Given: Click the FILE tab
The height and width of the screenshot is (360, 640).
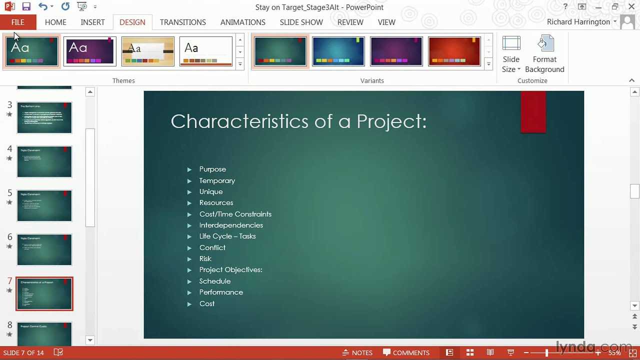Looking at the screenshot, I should pos(18,22).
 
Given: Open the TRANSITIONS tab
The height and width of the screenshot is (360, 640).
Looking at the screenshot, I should pos(182,22).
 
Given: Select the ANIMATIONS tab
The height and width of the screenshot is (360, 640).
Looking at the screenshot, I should pos(242,22).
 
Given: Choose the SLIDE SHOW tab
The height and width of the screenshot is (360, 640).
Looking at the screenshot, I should pos(301,22).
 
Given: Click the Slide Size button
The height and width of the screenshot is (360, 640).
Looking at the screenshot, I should pos(511,54).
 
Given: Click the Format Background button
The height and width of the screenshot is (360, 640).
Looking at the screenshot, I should pos(544,54).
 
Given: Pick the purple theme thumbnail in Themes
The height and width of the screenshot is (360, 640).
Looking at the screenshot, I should pos(90,51).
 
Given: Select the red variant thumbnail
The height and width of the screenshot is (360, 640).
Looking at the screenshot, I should pos(454,51).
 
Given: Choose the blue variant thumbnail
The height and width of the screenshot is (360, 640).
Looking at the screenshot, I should pos(338,51).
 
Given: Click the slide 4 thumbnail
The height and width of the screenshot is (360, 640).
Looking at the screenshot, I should pos(44,161).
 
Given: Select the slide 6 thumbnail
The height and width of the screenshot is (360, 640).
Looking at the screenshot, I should pos(44,249).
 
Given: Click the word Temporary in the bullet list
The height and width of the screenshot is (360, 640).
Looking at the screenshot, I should pos(217,180).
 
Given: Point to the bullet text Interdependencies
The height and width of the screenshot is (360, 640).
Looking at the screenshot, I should pos(231,225).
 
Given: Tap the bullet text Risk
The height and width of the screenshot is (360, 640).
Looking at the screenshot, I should pos(205,258).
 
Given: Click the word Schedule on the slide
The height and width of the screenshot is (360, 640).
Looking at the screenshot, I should pos(215,281).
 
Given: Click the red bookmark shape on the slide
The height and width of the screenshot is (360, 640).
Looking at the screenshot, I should pos(533,111).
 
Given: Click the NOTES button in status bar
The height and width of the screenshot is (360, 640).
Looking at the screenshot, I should pos(357,352).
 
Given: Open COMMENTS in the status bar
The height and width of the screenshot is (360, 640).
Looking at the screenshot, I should pos(406,352).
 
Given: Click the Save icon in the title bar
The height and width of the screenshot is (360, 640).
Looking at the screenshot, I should pos(26,7).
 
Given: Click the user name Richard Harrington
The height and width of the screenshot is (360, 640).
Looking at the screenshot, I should pos(578,22).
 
